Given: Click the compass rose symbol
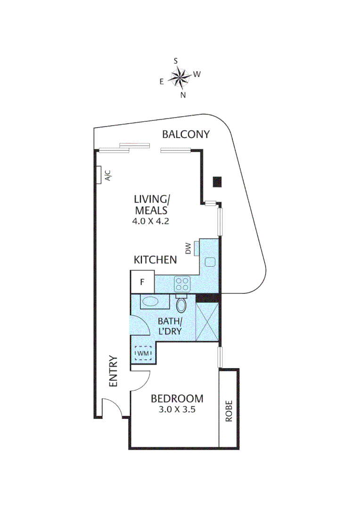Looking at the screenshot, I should pos(179,77).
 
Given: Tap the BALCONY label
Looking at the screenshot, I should pos(185,134).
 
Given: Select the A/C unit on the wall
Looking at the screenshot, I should pos(99,175).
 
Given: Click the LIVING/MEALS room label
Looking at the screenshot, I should pos(151,204).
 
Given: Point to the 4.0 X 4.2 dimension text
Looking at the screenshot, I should pos(151,220).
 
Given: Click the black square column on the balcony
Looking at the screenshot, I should pos(217,181).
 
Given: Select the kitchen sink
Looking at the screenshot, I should pos(210,262).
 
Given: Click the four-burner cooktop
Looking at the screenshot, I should pos(182,284).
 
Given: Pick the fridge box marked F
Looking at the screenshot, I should pos(142,282).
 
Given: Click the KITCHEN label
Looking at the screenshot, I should pos(155,260).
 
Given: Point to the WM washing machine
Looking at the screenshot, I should pos(143,353).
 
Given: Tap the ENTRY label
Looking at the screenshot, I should pos(114,371).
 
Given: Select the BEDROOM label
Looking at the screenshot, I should pos(177,399).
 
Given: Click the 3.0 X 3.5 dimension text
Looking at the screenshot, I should pos(177,410).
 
